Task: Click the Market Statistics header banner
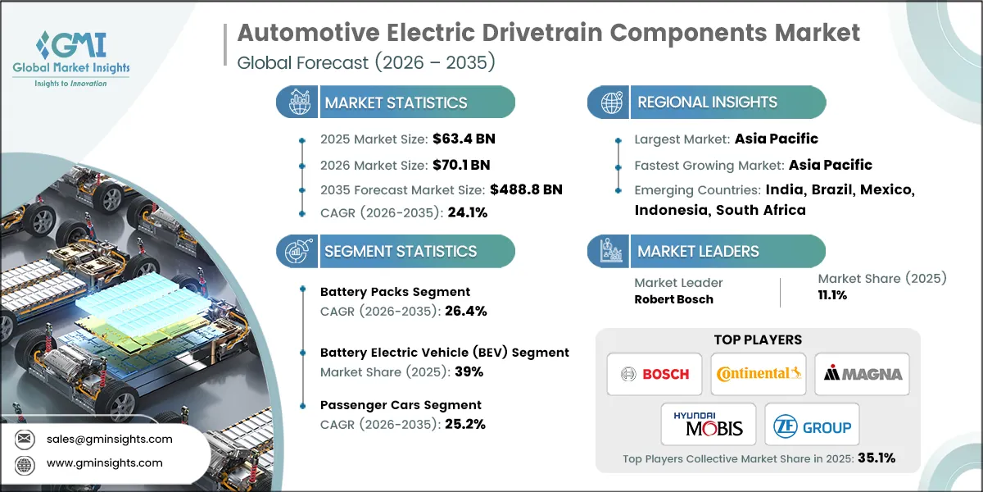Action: point(396,102)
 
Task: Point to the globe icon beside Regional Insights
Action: point(610,102)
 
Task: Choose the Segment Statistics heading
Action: point(401,251)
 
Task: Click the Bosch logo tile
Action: point(655,374)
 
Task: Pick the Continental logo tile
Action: point(758,374)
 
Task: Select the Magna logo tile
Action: point(862,374)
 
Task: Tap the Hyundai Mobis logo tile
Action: point(707,424)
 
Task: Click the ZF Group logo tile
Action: point(811,424)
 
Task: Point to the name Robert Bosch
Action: point(673,299)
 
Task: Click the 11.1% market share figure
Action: point(832,295)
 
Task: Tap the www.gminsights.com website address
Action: point(103,462)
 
